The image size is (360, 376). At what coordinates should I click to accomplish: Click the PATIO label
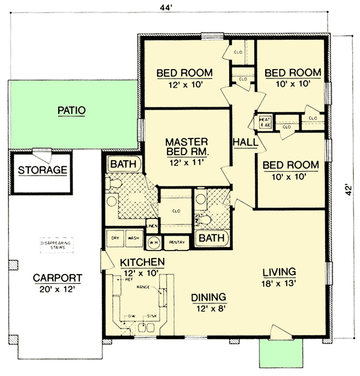(72, 110)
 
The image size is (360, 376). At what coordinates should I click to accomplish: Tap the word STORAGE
(42, 170)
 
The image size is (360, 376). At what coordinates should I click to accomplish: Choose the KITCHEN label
(142, 263)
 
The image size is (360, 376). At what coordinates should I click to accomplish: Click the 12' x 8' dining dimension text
(208, 308)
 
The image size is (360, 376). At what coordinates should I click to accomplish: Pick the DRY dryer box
(115, 238)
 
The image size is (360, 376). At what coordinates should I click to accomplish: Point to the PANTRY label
(176, 242)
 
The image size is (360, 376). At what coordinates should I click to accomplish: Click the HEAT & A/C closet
(265, 122)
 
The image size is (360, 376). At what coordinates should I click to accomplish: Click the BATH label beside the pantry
(212, 239)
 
